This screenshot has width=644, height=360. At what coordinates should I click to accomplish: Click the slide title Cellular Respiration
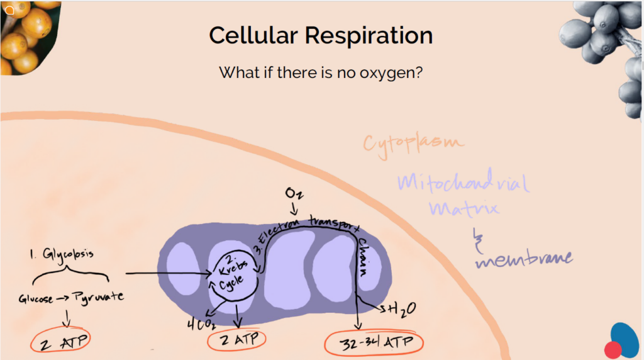[x=321, y=35]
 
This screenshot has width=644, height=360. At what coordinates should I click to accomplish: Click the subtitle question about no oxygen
[x=320, y=72]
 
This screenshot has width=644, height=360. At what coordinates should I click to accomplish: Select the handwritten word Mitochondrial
[x=462, y=183]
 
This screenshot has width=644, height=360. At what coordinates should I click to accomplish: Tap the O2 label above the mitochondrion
[x=294, y=193]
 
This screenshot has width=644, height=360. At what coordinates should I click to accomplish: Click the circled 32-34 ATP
[x=374, y=344]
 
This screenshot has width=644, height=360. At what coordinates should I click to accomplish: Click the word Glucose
[x=36, y=299]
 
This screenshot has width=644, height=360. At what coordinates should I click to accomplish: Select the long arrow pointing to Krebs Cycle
[x=167, y=274]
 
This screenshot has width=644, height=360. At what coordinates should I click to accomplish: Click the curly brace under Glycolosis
[x=70, y=276]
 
